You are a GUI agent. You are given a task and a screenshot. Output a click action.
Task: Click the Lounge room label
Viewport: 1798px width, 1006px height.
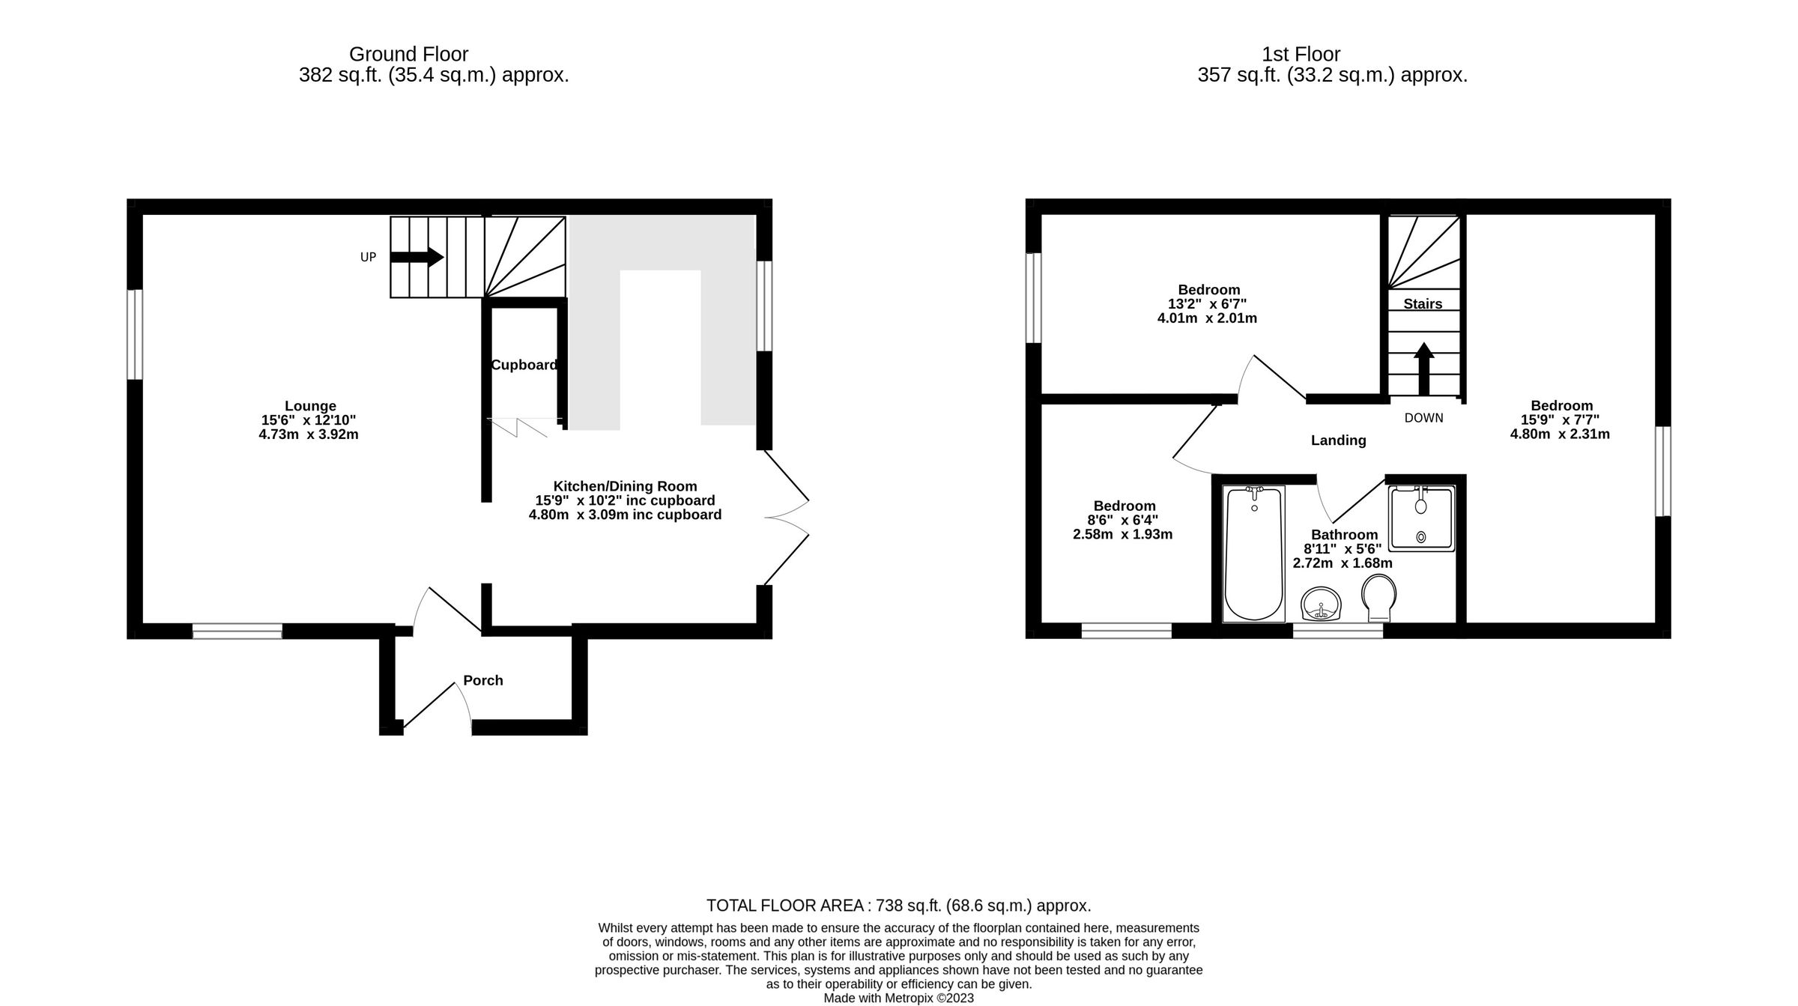[x=310, y=407]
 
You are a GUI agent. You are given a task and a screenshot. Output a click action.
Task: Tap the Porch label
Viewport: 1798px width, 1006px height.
[x=482, y=680]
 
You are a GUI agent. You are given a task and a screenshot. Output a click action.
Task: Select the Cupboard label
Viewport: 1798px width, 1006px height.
[x=524, y=365]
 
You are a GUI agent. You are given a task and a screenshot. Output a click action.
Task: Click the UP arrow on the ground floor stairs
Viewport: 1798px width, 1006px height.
[x=417, y=257]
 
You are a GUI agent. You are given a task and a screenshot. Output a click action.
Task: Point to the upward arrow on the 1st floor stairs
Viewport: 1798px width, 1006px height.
[x=1423, y=368]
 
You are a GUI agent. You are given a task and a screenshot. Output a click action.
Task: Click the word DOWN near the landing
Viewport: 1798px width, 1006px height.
[x=1423, y=418]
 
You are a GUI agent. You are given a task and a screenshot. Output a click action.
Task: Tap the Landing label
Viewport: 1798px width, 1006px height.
[x=1338, y=440]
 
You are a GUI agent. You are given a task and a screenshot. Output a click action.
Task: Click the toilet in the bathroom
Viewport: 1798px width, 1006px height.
[x=1378, y=598]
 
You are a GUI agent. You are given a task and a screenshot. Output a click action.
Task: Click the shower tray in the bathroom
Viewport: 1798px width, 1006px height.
[x=1421, y=518]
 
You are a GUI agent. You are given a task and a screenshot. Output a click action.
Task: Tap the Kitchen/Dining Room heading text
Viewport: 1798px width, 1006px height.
[x=625, y=486]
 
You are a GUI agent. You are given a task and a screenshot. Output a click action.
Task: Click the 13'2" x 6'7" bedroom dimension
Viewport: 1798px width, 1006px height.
[x=1207, y=304]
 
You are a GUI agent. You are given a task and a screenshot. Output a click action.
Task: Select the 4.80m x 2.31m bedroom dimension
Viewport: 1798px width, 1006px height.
[x=1560, y=434]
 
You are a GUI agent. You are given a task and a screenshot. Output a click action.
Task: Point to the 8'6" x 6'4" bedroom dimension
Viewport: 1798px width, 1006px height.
[x=1124, y=520]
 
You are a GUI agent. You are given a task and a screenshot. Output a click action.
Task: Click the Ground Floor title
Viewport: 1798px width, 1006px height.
[x=408, y=55]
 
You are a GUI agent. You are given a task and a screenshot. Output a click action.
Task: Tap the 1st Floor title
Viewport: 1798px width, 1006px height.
[x=1301, y=55]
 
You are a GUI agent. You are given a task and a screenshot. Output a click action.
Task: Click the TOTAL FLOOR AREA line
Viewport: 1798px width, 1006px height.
[x=898, y=906]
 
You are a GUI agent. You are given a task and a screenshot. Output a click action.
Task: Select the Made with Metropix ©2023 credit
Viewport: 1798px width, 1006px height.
[x=898, y=999]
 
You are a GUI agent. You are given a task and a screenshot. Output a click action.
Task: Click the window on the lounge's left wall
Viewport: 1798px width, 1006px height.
[x=135, y=334]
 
